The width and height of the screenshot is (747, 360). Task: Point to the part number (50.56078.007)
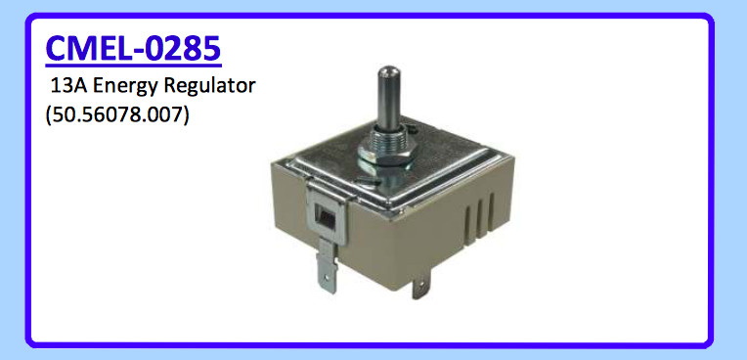[116, 113]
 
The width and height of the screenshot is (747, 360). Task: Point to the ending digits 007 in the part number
[163, 113]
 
